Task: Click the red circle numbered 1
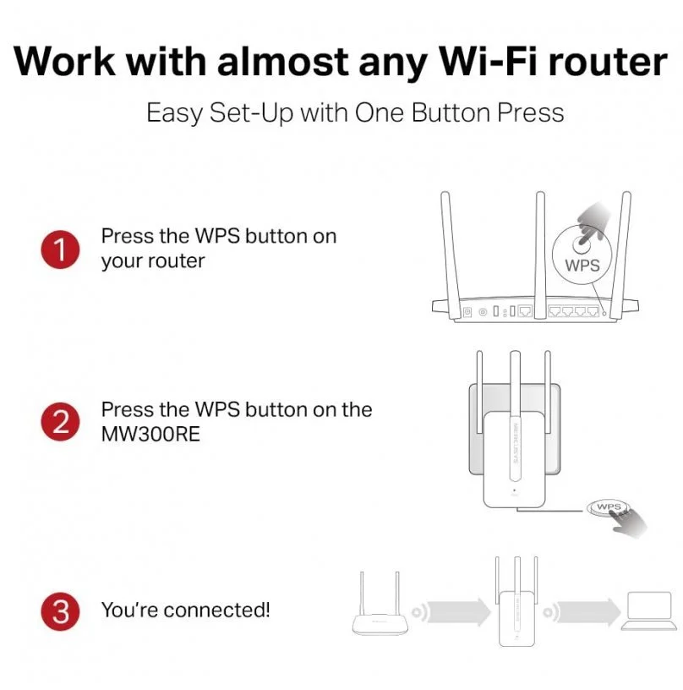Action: point(60,249)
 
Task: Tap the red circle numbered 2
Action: point(60,422)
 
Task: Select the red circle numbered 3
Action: point(60,611)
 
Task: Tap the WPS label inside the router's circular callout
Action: point(581,265)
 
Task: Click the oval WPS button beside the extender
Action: point(608,507)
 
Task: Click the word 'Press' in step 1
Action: point(127,236)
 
